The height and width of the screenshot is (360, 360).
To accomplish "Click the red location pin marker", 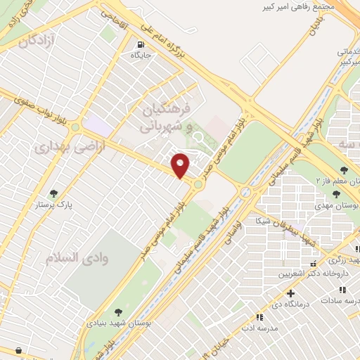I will [x=181, y=165].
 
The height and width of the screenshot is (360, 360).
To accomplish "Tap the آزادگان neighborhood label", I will [x=37, y=41].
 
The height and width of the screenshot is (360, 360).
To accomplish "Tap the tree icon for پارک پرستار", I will [x=54, y=193].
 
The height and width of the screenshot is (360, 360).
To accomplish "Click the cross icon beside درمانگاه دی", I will [x=290, y=292].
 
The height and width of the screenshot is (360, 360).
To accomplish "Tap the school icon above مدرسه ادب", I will [x=259, y=317].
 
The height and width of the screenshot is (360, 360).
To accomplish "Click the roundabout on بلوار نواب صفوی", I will [x=75, y=127].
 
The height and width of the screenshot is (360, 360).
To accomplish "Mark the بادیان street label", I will [x=315, y=28].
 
